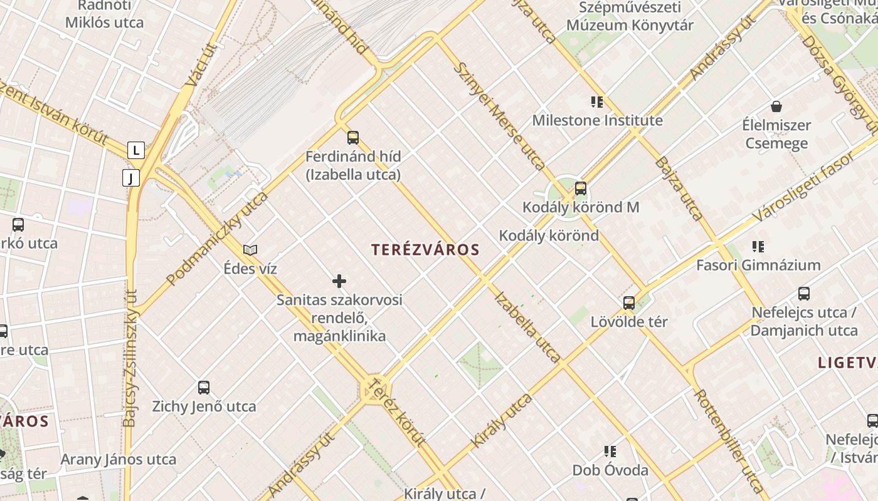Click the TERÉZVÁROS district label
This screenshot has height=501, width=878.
pyautogui.click(x=425, y=250)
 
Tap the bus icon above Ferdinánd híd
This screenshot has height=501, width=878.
pyautogui.click(x=353, y=138)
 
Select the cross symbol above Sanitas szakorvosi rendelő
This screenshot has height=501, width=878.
pyautogui.click(x=339, y=281)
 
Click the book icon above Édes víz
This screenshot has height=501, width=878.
pyautogui.click(x=250, y=250)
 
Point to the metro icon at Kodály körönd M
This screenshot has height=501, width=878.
pyautogui.click(x=581, y=188)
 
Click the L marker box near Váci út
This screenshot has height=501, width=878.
pyautogui.click(x=136, y=150)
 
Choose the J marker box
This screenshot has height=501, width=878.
pyautogui.click(x=131, y=178)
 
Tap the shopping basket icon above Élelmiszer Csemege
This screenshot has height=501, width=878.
pyautogui.click(x=776, y=106)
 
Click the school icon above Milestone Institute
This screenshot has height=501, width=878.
pyautogui.click(x=596, y=101)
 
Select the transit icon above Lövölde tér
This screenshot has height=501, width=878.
pyautogui.click(x=629, y=303)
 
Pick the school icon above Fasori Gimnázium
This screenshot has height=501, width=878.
pyautogui.click(x=758, y=247)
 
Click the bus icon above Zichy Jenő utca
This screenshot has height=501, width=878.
pyautogui.click(x=204, y=388)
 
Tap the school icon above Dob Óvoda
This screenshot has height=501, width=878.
pyautogui.click(x=610, y=452)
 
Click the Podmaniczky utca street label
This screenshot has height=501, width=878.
pyautogui.click(x=217, y=239)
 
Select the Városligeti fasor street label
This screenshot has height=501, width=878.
pyautogui.click(x=803, y=187)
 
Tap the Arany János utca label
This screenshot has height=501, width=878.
pyautogui.click(x=119, y=459)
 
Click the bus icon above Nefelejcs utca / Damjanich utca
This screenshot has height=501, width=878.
pyautogui.click(x=804, y=294)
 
